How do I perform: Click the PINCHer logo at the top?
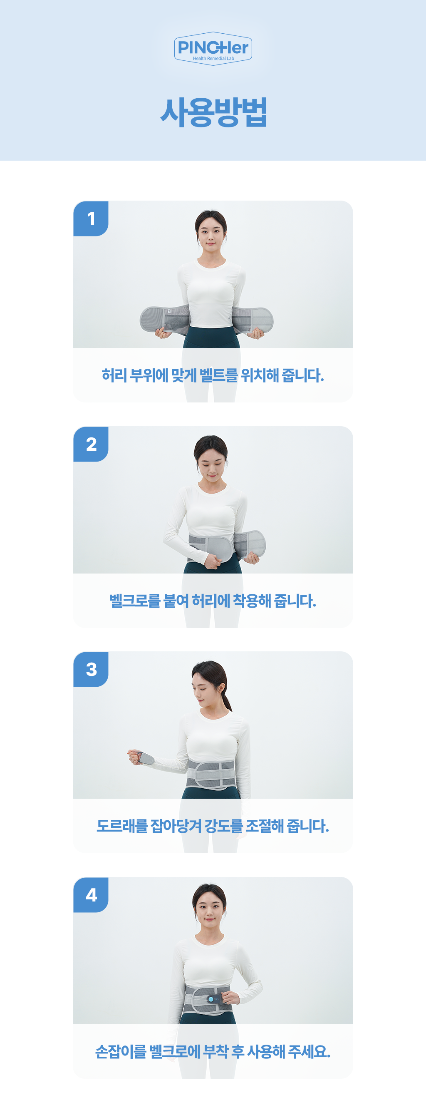click(x=213, y=48)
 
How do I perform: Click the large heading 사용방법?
click(x=213, y=112)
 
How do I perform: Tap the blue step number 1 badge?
click(x=91, y=219)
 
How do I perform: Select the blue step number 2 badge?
click(x=91, y=444)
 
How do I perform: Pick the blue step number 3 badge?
click(x=91, y=669)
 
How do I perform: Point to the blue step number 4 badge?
click(x=91, y=895)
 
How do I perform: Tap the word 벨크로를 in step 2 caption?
click(x=135, y=601)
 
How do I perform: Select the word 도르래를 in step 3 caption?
click(x=122, y=826)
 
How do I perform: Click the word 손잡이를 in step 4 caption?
click(x=121, y=1052)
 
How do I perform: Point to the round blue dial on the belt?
click(x=211, y=999)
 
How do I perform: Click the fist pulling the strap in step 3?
click(x=136, y=757)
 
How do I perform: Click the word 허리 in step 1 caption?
click(x=114, y=375)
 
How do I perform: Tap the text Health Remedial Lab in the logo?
click(x=213, y=59)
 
